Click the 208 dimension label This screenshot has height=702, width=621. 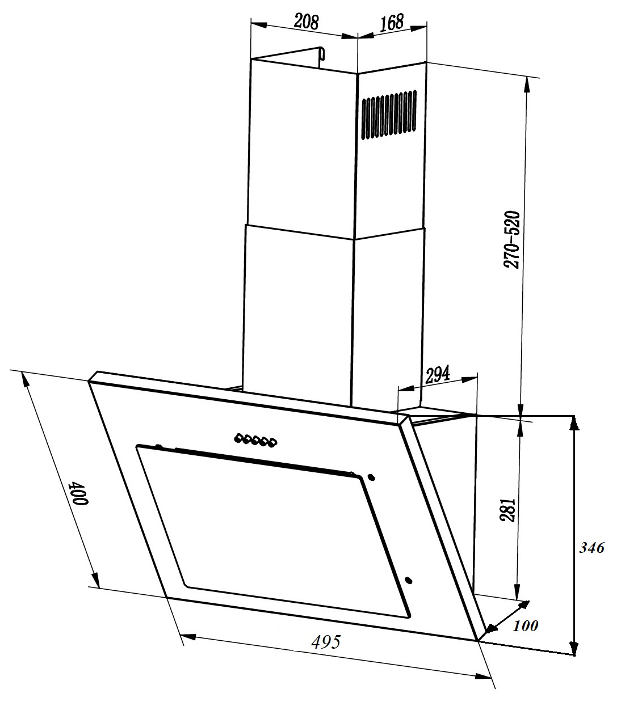(307, 22)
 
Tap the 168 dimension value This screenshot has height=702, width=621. (391, 23)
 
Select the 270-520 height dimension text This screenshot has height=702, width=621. (513, 239)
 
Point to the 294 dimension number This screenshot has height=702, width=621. (437, 374)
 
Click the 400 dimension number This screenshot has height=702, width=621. (79, 492)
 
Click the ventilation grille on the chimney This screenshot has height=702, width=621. (389, 115)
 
